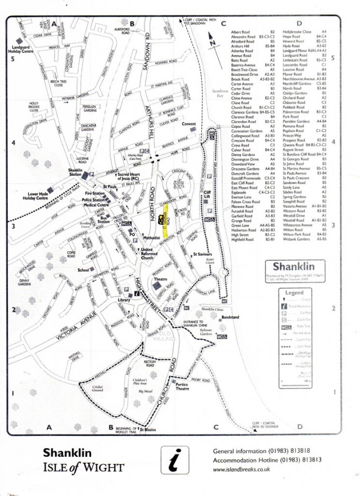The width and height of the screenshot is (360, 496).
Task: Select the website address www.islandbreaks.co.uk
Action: pyautogui.click(x=241, y=469)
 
